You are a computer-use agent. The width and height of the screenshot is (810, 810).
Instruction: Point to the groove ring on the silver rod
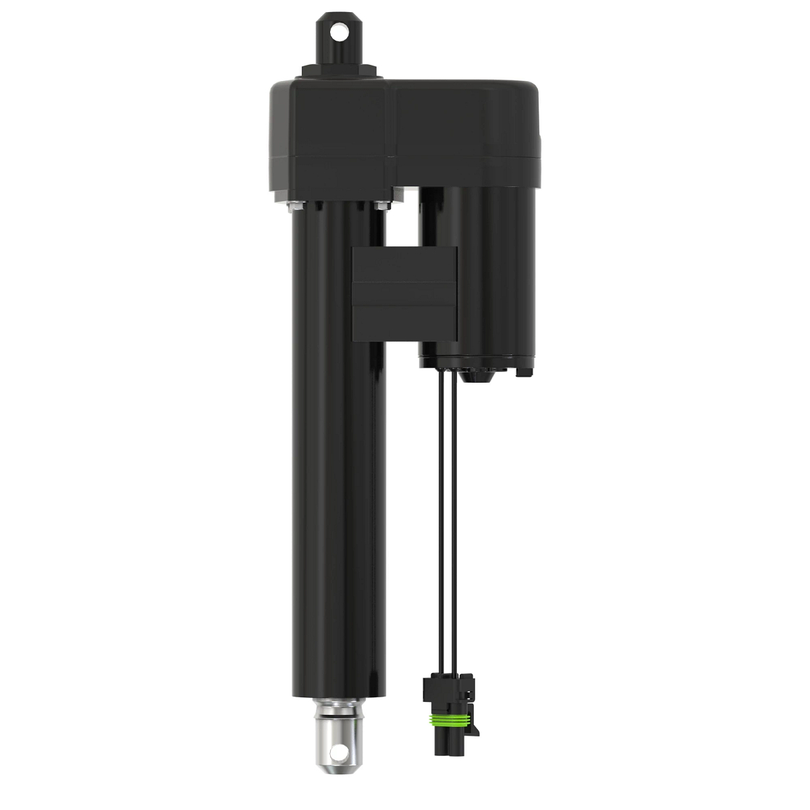337,711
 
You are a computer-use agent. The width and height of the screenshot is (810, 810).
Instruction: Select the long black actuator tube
335,473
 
